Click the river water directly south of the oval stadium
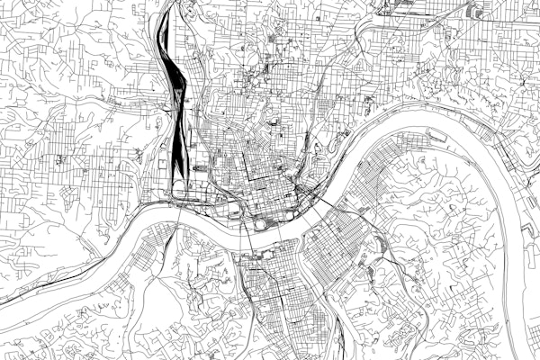262,239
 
